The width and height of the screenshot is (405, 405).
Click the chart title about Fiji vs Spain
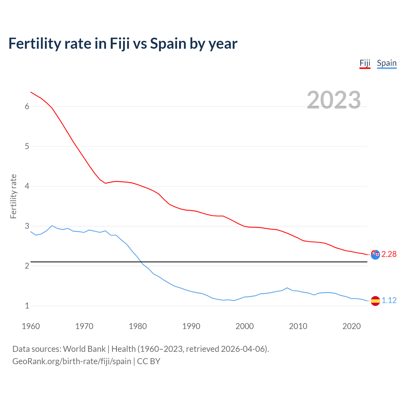tap(123, 44)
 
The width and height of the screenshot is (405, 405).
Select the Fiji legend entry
tap(365, 63)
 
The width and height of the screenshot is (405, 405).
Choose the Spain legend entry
tap(387, 63)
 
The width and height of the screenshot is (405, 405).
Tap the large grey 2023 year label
tap(334, 100)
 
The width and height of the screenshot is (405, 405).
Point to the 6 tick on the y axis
tap(27, 107)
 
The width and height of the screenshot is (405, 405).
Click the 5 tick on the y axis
tap(27, 146)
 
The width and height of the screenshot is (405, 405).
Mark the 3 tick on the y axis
tap(27, 226)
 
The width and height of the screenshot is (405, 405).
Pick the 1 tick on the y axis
tap(27, 306)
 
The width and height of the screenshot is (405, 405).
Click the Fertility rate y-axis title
tap(13, 196)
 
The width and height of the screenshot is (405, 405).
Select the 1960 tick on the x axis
tap(31, 326)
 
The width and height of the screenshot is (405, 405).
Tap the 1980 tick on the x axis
tap(138, 326)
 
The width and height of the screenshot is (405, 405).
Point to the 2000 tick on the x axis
tap(245, 326)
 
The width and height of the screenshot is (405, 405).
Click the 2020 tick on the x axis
tap(352, 326)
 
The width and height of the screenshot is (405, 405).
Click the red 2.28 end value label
tap(389, 254)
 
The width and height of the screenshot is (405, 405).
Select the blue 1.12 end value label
tap(389, 301)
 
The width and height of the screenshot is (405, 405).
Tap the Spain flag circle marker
tap(375, 301)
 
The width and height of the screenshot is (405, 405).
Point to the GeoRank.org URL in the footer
tap(72, 361)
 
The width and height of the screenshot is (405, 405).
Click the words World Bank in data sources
tap(84, 349)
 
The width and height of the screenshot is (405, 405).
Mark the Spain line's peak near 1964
tap(52, 226)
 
